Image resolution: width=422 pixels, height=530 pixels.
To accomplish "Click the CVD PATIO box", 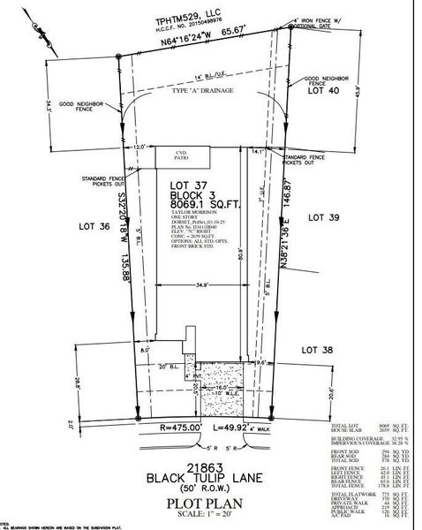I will (x=184, y=156).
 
